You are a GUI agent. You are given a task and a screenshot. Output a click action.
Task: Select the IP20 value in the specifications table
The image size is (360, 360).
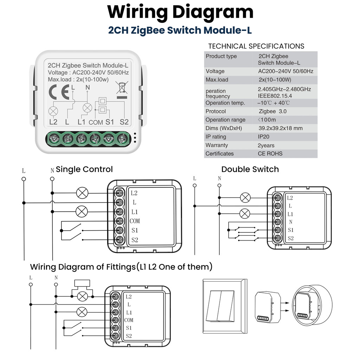[264, 137]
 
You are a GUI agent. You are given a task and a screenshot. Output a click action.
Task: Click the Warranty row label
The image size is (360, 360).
[217, 145]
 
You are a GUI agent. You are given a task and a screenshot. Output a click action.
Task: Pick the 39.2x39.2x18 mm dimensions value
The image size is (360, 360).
[280, 128]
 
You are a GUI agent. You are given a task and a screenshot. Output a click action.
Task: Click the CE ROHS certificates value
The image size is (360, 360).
[270, 154]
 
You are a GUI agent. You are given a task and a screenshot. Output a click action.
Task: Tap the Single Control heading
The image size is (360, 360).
[84, 169]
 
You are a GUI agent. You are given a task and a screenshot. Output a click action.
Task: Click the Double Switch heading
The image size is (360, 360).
[250, 169]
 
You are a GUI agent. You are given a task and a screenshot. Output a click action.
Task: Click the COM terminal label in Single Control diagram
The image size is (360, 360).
[135, 221]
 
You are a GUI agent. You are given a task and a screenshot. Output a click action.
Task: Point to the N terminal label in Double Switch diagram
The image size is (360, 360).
[290, 222]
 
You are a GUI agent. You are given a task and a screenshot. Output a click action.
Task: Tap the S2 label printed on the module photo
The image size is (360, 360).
[124, 122]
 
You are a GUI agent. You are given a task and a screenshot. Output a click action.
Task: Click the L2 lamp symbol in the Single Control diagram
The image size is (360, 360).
[82, 193]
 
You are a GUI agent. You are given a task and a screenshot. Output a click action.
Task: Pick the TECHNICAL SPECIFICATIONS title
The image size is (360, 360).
[256, 46]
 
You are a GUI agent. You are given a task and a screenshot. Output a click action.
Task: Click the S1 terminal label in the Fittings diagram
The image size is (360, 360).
[129, 328]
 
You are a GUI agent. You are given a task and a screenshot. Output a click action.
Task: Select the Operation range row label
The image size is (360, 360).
[223, 120]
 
